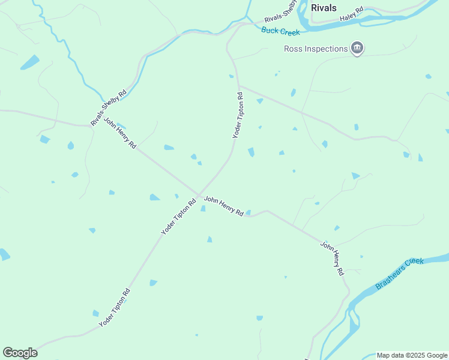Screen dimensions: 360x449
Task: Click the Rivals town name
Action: pos(324,8)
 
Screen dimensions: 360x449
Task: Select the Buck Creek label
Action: pos(280,31)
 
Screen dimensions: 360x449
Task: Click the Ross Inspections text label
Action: pos(316,49)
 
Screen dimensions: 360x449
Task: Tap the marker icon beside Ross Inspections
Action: pos(357,49)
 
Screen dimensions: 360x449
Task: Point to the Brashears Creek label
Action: pos(399,274)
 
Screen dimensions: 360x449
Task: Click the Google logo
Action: pos(20,353)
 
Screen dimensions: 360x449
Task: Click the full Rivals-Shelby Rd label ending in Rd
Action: pos(109,108)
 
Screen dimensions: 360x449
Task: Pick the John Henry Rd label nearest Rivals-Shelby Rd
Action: pos(120,133)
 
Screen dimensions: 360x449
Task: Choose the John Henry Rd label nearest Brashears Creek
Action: pos(332,258)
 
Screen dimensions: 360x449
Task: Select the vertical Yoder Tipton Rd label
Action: pos(238,115)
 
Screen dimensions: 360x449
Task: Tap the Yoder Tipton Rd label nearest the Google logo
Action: pos(115,308)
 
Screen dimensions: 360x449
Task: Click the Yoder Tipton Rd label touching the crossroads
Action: pos(178,217)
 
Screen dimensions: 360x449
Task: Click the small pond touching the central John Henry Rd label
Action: pos(247,212)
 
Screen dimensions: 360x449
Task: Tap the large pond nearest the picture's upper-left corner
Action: pos(29,62)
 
